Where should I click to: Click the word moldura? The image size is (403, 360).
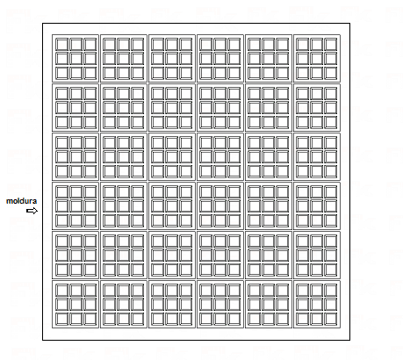pos(21,201)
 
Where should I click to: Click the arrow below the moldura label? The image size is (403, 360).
pos(32,211)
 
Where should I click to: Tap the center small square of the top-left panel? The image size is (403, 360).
pos(76,59)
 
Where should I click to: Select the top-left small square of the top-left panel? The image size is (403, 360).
pos(61,45)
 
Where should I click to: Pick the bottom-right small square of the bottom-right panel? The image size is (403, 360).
pos(331,319)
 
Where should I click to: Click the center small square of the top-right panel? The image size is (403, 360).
pos(317,59)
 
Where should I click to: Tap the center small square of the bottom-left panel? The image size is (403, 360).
pos(76,305)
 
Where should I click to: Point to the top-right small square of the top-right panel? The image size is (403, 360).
pos(331,45)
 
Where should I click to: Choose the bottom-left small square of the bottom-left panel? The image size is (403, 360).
pos(61,319)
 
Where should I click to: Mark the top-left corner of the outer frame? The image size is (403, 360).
pos(43,24)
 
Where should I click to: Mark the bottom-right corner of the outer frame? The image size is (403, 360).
pos(349,340)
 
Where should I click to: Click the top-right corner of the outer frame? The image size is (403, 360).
pos(349,24)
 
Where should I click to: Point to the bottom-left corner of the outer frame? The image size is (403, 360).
pos(43,340)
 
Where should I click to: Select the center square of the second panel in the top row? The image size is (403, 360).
pos(124,59)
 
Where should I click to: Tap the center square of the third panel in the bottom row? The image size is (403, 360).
pos(172,305)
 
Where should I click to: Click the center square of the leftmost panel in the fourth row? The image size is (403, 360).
pos(76,206)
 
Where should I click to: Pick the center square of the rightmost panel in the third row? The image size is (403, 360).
pos(317,157)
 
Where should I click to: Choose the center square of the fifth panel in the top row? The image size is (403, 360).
pos(269,59)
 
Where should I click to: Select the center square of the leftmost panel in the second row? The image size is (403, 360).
pos(76,108)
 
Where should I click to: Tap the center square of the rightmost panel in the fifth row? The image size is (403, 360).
pos(317,256)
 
